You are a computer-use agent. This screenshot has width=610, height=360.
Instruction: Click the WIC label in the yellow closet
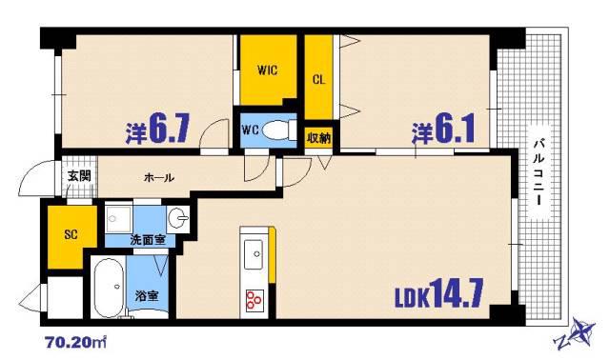(268, 70)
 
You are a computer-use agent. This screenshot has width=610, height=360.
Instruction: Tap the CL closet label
(318, 80)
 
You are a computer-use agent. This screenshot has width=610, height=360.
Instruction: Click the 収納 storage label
(318, 138)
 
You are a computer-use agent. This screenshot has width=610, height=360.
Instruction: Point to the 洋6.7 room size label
(157, 129)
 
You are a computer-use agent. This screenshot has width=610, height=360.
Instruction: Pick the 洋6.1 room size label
(443, 129)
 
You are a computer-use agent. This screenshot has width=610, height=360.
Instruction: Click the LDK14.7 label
(439, 293)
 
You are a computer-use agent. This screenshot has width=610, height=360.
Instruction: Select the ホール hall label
(159, 178)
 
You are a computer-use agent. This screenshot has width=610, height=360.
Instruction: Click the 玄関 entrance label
(79, 176)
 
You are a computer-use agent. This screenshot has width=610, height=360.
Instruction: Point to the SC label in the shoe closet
(71, 234)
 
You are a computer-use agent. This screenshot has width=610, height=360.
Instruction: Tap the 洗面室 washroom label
(148, 240)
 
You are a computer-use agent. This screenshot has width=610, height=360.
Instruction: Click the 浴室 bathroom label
(147, 296)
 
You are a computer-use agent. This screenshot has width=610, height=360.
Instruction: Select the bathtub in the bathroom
(109, 288)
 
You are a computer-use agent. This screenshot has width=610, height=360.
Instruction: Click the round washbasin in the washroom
(178, 218)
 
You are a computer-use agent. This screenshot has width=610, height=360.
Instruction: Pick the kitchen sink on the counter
(254, 254)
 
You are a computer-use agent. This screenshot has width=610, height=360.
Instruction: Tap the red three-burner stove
(254, 300)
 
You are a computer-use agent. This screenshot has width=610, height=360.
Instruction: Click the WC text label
(250, 130)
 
